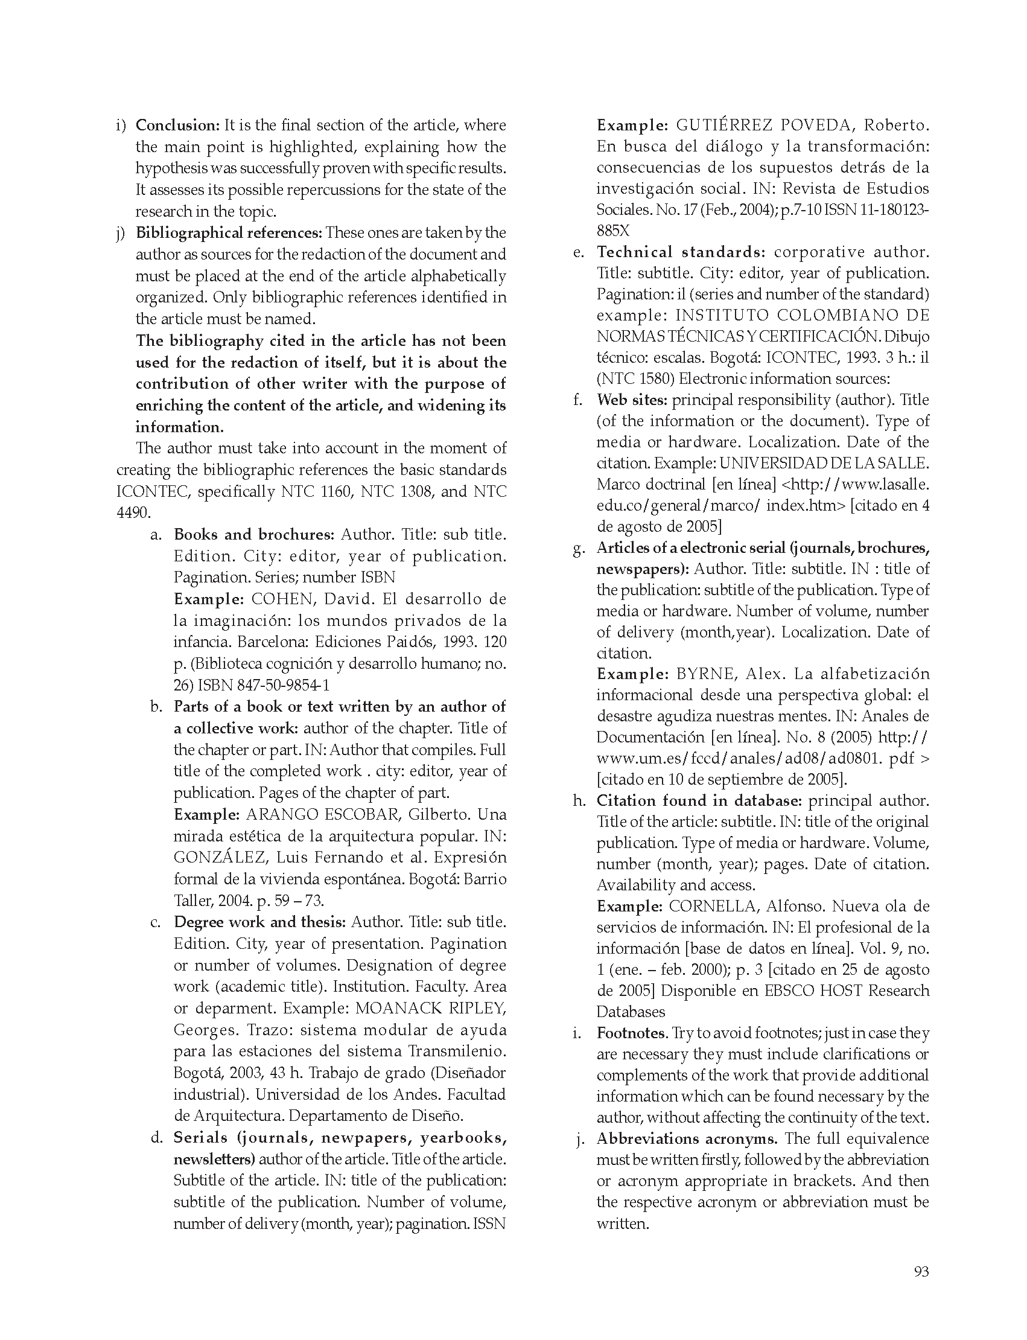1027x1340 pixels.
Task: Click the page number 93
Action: (x=921, y=1272)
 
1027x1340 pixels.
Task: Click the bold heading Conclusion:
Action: (x=177, y=126)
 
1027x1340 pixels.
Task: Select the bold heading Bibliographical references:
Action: (x=229, y=233)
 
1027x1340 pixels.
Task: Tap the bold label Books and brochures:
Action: (x=253, y=535)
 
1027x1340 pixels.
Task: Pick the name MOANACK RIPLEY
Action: (x=430, y=1008)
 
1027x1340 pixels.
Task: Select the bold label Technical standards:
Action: (x=681, y=252)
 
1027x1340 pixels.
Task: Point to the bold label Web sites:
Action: (x=633, y=400)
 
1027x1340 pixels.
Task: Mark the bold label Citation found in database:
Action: (x=699, y=800)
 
